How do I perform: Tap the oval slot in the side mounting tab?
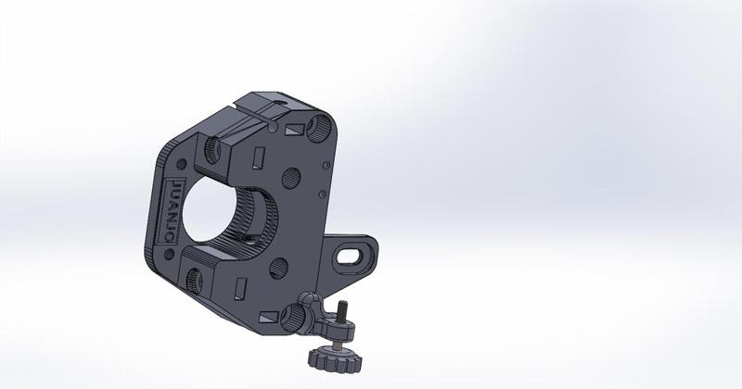[x=353, y=251]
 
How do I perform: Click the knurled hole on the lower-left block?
[x=198, y=276]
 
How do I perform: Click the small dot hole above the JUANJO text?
[x=173, y=165]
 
